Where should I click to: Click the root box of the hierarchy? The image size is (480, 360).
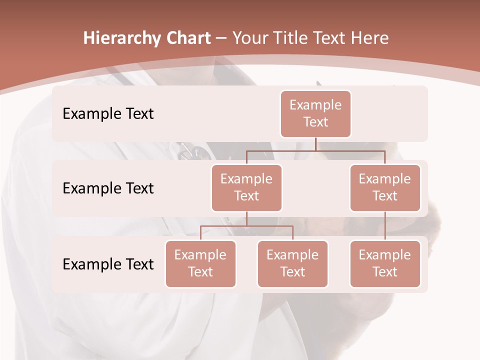pyautogui.click(x=315, y=114)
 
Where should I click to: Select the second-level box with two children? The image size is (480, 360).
pyautogui.click(x=246, y=188)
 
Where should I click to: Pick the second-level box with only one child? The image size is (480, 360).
pyautogui.click(x=385, y=188)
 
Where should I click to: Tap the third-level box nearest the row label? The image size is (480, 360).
pyautogui.click(x=200, y=264)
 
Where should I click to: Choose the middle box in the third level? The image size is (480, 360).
pyautogui.click(x=292, y=264)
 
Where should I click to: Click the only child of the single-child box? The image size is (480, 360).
pyautogui.click(x=385, y=264)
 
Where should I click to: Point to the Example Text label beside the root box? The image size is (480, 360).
pyautogui.click(x=108, y=114)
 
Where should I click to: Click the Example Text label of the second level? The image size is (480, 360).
pyautogui.click(x=108, y=188)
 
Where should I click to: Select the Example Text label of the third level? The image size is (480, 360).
pyautogui.click(x=108, y=264)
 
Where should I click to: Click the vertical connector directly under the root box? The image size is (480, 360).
pyautogui.click(x=315, y=143)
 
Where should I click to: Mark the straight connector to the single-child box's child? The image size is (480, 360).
pyautogui.click(x=385, y=226)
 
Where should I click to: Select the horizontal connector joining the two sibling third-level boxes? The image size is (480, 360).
pyautogui.click(x=246, y=226)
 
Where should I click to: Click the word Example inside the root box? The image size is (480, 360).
pyautogui.click(x=315, y=105)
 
